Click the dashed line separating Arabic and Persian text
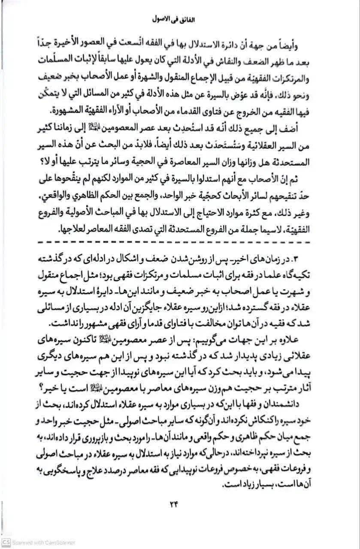[179, 243]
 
